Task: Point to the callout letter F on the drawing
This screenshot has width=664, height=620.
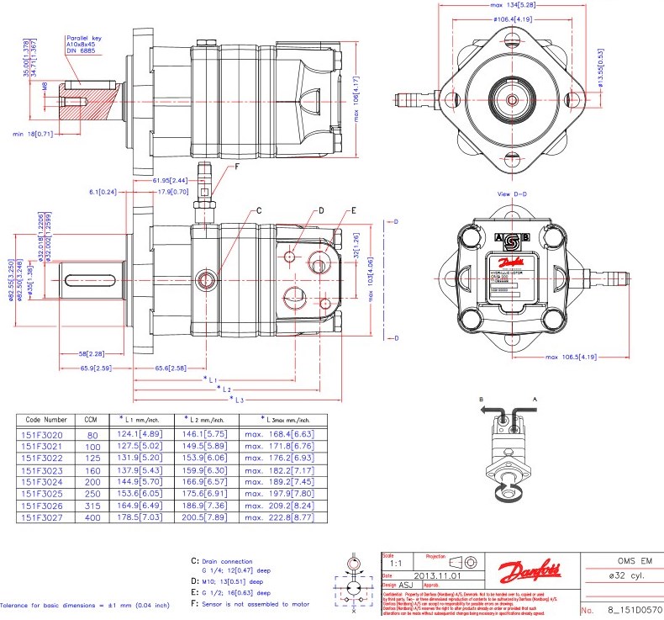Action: click(236, 167)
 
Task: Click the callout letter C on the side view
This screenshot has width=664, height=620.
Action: click(259, 209)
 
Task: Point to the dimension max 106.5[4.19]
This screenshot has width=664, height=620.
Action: click(573, 357)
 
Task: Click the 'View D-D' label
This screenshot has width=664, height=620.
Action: click(514, 193)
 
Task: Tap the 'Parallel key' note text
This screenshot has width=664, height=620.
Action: click(84, 38)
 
